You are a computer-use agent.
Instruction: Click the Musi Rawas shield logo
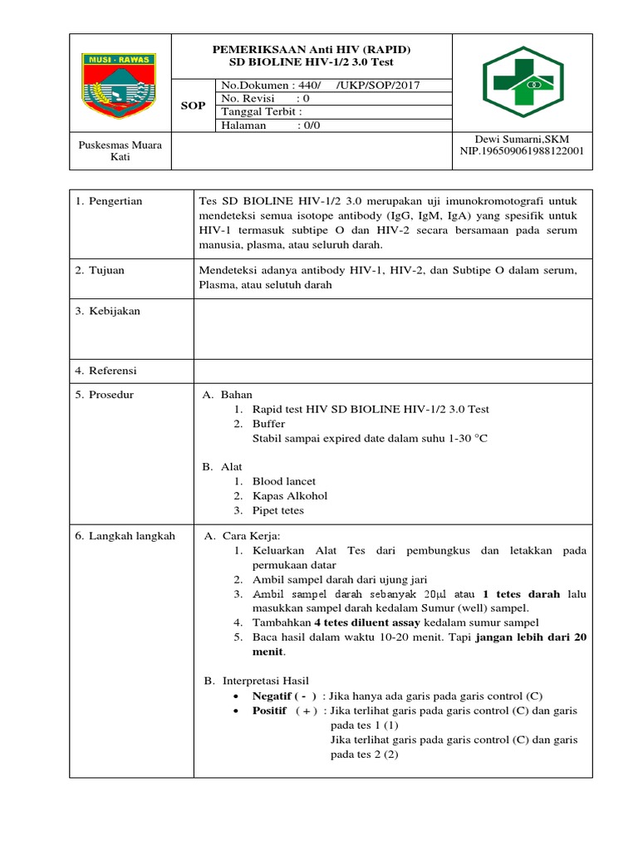(x=120, y=82)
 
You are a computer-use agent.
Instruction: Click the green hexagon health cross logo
(x=523, y=82)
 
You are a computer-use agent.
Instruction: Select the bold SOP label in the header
(x=193, y=106)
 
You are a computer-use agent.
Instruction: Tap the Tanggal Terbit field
(x=262, y=112)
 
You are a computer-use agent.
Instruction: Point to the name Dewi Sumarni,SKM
(x=522, y=139)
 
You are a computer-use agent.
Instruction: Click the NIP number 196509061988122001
(x=522, y=151)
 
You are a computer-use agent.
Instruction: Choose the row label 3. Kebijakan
(x=108, y=311)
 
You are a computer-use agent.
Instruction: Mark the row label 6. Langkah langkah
(x=125, y=536)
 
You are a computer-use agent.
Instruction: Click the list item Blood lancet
(x=284, y=481)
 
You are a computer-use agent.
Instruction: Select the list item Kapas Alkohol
(x=290, y=495)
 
